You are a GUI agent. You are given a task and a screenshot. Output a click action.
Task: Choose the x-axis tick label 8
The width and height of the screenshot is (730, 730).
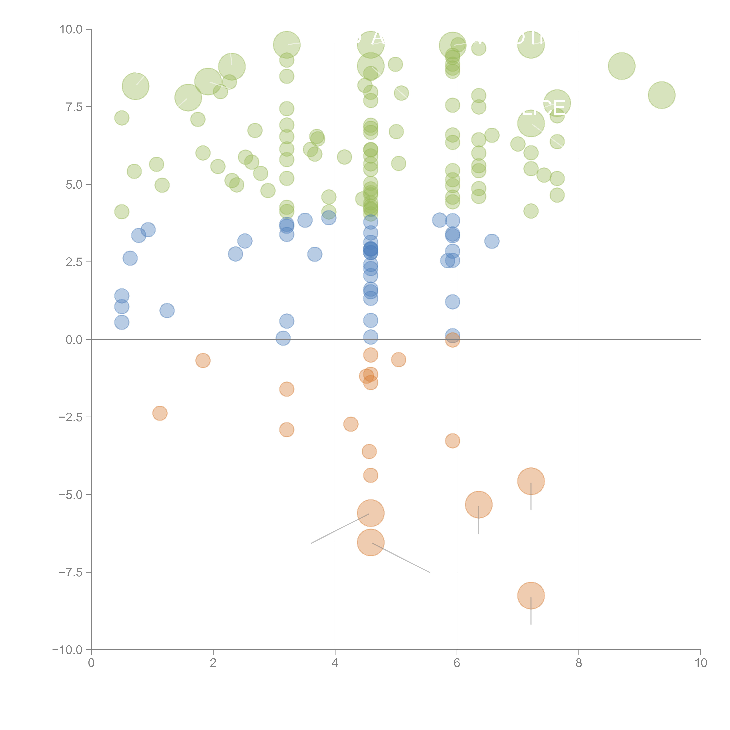(x=579, y=663)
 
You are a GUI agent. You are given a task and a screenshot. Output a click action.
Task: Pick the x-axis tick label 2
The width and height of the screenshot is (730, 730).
(x=213, y=663)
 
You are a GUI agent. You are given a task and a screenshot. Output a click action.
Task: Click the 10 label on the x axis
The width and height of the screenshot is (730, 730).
(x=701, y=663)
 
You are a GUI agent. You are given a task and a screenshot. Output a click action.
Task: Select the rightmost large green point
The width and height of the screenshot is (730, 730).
(x=661, y=95)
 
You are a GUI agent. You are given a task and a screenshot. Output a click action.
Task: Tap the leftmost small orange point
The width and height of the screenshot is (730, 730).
(x=160, y=413)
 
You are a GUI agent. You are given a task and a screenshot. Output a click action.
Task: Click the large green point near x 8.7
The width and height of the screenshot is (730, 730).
(x=622, y=66)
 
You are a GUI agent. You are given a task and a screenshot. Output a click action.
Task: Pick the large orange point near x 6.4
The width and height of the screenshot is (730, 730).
(x=479, y=504)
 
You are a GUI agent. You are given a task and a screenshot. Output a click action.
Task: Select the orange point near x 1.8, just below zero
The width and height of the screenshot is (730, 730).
(x=203, y=360)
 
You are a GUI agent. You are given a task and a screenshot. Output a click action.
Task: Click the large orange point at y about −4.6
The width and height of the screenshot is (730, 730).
(x=531, y=481)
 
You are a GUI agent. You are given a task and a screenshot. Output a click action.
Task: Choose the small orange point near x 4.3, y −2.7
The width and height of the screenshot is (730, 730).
(x=351, y=424)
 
